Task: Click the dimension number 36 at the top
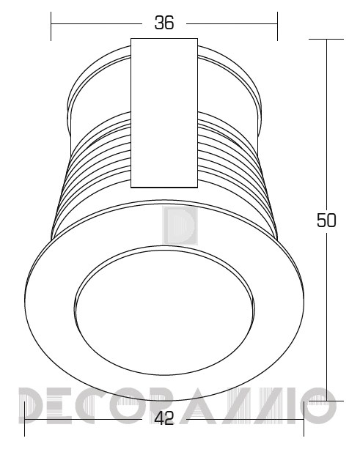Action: (x=164, y=23)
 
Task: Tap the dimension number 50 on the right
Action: (x=326, y=221)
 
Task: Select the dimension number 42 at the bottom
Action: (x=164, y=418)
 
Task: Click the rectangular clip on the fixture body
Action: (x=164, y=113)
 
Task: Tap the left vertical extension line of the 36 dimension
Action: (x=51, y=26)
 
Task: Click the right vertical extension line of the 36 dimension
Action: (x=277, y=26)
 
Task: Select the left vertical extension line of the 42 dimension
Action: (x=24, y=419)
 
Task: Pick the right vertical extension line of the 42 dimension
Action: (x=304, y=419)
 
